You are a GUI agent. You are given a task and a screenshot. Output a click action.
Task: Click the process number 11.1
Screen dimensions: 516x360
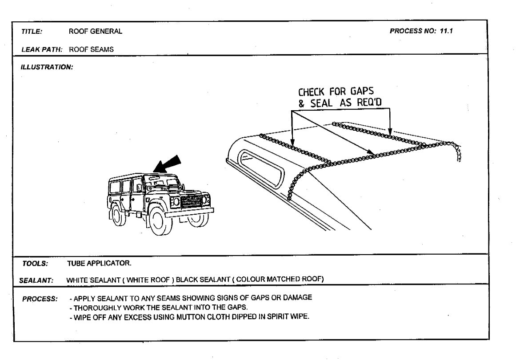point(446,31)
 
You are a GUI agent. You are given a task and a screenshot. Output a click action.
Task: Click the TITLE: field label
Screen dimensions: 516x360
point(32,32)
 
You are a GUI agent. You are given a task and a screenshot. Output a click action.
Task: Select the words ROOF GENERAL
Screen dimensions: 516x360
point(96,31)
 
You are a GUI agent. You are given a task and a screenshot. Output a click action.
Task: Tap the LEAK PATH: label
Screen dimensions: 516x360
point(42,50)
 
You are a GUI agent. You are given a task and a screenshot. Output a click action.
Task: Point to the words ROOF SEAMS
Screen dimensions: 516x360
point(91,49)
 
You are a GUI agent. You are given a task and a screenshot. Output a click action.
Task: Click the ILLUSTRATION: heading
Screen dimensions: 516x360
point(47,67)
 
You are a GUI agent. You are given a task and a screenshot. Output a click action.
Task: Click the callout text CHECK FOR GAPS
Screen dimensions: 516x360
point(336,91)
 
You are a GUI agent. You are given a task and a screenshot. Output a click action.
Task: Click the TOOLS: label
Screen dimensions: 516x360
point(35,264)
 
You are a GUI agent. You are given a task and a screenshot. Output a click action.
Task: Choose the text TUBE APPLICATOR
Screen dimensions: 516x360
point(99,263)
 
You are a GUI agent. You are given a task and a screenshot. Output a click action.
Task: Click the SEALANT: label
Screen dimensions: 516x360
point(36,281)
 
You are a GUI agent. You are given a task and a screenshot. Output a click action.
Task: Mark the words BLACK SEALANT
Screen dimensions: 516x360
point(203,280)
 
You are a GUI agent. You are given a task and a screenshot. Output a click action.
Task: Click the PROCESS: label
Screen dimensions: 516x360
point(40,299)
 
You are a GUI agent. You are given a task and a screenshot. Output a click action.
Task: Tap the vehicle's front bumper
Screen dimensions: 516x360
point(189,213)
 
